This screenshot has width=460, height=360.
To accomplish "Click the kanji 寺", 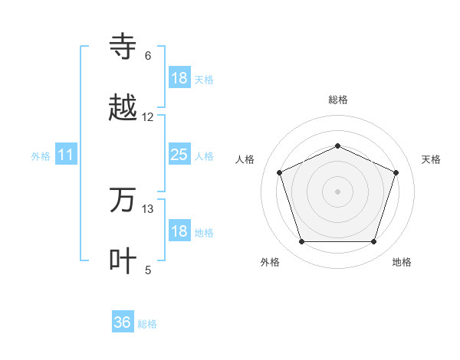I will pyautogui.click(x=123, y=47).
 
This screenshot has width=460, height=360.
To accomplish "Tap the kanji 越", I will pyautogui.click(x=123, y=108).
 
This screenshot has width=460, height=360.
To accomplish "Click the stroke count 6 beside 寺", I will pyautogui.click(x=148, y=56).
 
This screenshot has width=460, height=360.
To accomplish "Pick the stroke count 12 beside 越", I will pyautogui.click(x=148, y=117).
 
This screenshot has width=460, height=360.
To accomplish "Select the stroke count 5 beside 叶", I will pyautogui.click(x=148, y=270).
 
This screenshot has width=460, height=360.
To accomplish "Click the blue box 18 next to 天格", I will pyautogui.click(x=179, y=78).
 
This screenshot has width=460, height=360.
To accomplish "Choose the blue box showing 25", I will pyautogui.click(x=179, y=155).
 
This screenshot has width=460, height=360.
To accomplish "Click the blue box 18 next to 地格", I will pyautogui.click(x=179, y=232).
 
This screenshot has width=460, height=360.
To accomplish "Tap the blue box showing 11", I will pyautogui.click(x=66, y=155).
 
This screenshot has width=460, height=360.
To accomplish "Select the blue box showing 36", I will pyautogui.click(x=123, y=322).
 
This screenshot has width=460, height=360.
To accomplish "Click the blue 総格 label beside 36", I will pyautogui.click(x=147, y=324).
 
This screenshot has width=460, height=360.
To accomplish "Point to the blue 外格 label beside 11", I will pyautogui.click(x=41, y=155).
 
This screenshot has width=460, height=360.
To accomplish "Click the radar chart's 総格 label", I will pyautogui.click(x=337, y=100).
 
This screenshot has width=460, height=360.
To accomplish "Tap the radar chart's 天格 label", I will pyautogui.click(x=431, y=159).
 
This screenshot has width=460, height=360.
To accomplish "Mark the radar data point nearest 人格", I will pyautogui.click(x=279, y=172).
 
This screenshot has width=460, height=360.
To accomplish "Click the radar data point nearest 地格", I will pyautogui.click(x=373, y=241).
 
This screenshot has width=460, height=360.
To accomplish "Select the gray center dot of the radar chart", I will pyautogui.click(x=337, y=191).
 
